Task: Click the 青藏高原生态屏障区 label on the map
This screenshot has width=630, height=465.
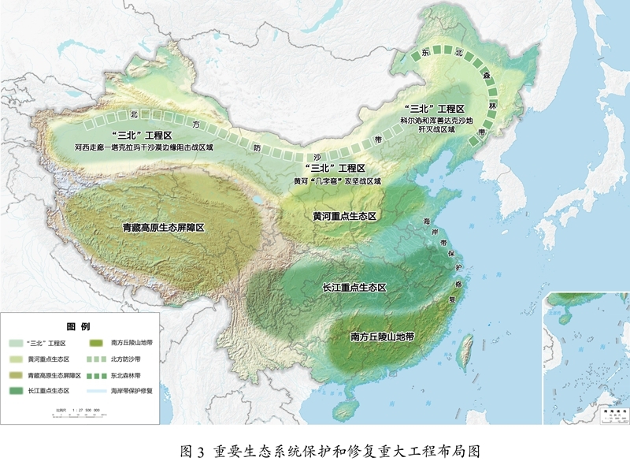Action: (163, 228)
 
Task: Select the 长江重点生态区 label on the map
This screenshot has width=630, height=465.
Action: (355, 288)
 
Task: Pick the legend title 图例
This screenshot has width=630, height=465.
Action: (78, 326)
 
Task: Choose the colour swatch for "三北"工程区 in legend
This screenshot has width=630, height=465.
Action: (17, 344)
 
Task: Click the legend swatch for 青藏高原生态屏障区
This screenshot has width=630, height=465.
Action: (17, 375)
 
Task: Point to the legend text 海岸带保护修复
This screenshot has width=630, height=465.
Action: (131, 391)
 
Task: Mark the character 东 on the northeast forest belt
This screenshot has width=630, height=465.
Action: (426, 53)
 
